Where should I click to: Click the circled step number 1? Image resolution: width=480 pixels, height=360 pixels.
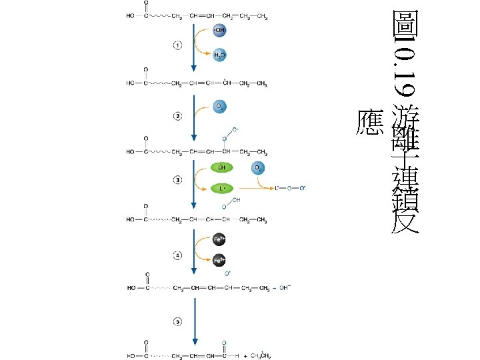[x=177, y=45]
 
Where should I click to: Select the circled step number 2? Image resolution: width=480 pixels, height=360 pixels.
[x=177, y=117]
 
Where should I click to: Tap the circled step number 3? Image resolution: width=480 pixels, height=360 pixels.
[x=177, y=180]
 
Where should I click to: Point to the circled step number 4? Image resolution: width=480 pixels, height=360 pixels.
[x=177, y=255]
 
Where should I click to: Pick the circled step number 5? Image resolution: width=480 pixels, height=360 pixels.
[x=177, y=322]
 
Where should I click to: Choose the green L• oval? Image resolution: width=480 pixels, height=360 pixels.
[x=221, y=189]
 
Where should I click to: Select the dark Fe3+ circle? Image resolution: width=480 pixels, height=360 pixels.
[x=219, y=261]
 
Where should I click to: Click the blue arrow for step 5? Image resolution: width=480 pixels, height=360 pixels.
[x=194, y=321]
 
